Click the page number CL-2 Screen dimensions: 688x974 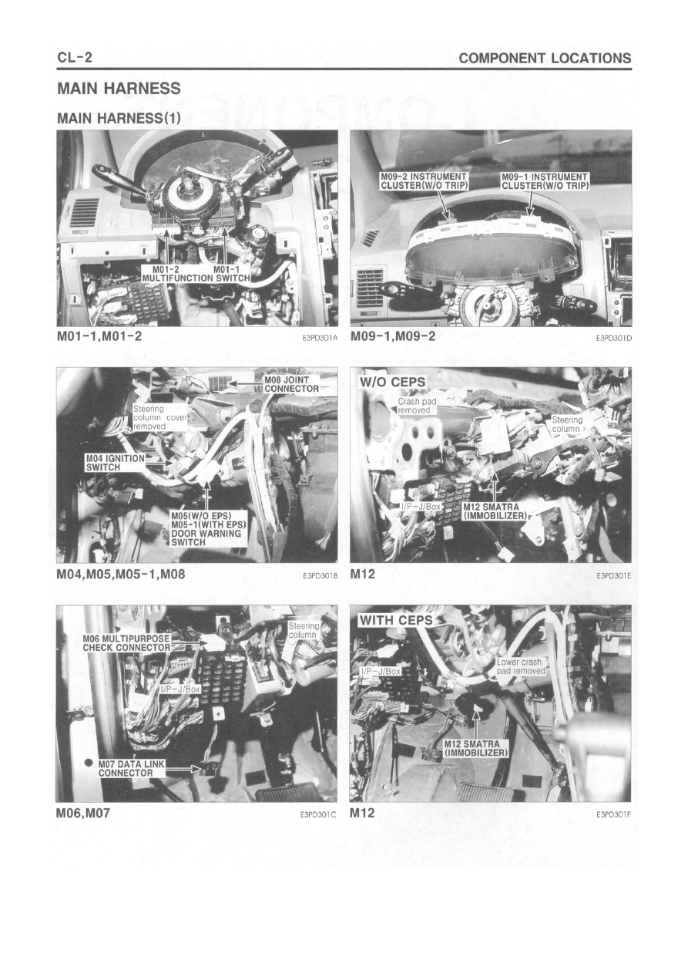pyautogui.click(x=74, y=57)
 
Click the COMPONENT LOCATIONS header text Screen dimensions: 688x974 pyautogui.click(x=545, y=58)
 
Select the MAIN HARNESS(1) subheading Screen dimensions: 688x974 pyautogui.click(x=119, y=118)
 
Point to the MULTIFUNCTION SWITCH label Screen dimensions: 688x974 pyautogui.click(x=196, y=278)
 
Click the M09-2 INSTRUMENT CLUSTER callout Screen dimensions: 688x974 pyautogui.click(x=424, y=181)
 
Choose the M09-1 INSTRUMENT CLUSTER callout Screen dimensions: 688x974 pyautogui.click(x=545, y=181)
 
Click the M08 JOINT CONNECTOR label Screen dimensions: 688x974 pyautogui.click(x=291, y=384)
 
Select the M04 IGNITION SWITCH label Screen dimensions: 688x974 pyautogui.click(x=115, y=463)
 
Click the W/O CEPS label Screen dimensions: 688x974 pyautogui.click(x=392, y=382)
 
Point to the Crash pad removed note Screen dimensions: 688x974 pyautogui.click(x=417, y=405)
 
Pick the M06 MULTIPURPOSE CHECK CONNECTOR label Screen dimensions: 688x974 pyautogui.click(x=126, y=642)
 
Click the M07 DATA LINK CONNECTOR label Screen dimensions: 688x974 pyautogui.click(x=132, y=768)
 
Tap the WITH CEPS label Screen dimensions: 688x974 pyautogui.click(x=396, y=620)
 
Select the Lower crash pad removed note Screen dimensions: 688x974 pyautogui.click(x=519, y=666)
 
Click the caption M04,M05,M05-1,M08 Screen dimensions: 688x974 pyautogui.click(x=121, y=574)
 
